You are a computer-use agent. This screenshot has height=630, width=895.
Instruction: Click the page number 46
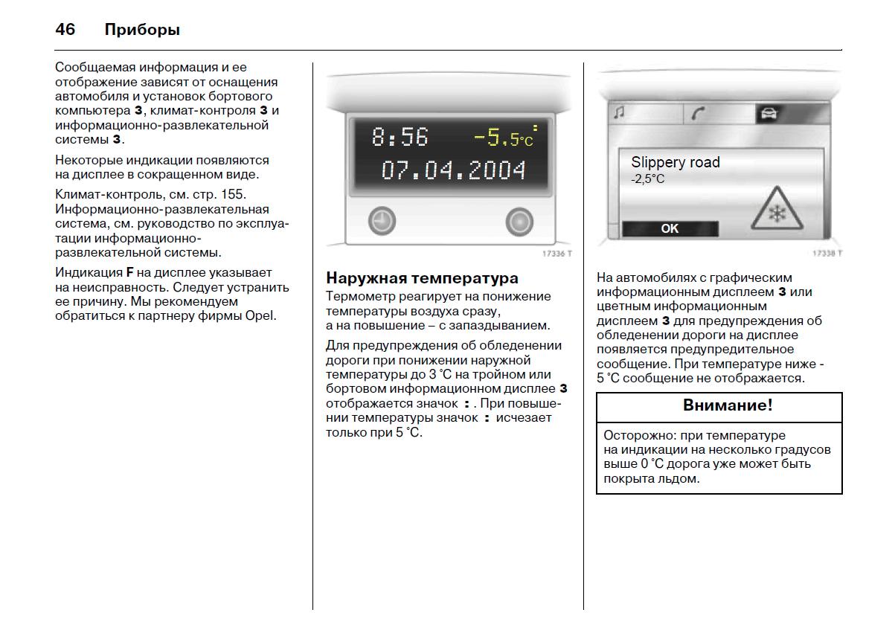click(65, 29)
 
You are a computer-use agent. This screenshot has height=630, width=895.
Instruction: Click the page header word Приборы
click(142, 30)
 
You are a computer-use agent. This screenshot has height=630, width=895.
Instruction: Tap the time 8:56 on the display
click(400, 137)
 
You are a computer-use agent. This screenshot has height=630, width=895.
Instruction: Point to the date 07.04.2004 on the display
click(454, 170)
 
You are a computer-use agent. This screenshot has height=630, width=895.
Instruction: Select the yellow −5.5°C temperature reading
click(504, 136)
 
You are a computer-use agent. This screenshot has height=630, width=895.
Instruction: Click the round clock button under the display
click(382, 221)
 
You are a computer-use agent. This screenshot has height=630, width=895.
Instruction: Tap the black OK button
click(670, 228)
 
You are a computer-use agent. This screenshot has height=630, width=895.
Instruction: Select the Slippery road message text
click(676, 162)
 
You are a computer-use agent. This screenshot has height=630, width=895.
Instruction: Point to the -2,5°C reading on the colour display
click(648, 179)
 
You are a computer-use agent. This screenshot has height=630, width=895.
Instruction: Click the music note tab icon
click(619, 112)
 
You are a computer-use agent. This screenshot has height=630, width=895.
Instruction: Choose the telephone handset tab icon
click(698, 114)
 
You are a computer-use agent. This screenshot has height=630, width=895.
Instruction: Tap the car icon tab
click(769, 114)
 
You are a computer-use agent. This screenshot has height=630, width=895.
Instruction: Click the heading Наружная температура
click(422, 278)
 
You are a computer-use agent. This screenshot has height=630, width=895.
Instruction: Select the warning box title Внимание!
click(728, 405)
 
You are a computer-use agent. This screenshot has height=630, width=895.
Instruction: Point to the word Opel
click(260, 316)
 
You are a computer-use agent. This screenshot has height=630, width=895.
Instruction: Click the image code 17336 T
click(557, 254)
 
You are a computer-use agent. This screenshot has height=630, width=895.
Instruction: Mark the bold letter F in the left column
click(129, 272)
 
